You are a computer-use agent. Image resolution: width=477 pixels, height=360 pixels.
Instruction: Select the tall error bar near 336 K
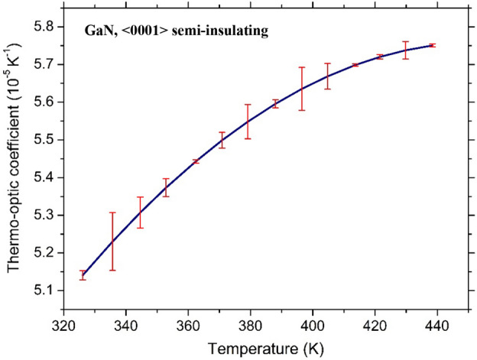point(112,241)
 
